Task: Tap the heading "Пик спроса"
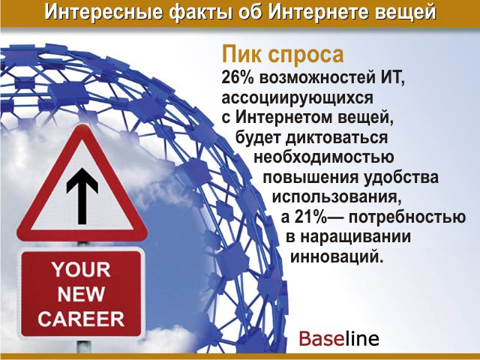click(x=283, y=54)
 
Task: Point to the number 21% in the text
click(x=309, y=217)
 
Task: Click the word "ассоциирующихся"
click(x=298, y=99)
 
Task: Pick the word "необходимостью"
click(x=324, y=157)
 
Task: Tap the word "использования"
click(x=337, y=197)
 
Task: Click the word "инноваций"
click(x=337, y=256)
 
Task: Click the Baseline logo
click(x=339, y=338)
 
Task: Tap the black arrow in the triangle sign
click(x=82, y=195)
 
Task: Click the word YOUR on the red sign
click(x=81, y=269)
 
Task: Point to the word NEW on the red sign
click(x=81, y=294)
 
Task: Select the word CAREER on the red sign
click(x=81, y=319)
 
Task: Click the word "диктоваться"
click(x=337, y=138)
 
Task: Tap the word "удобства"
click(x=401, y=178)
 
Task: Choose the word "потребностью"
click(x=407, y=217)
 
